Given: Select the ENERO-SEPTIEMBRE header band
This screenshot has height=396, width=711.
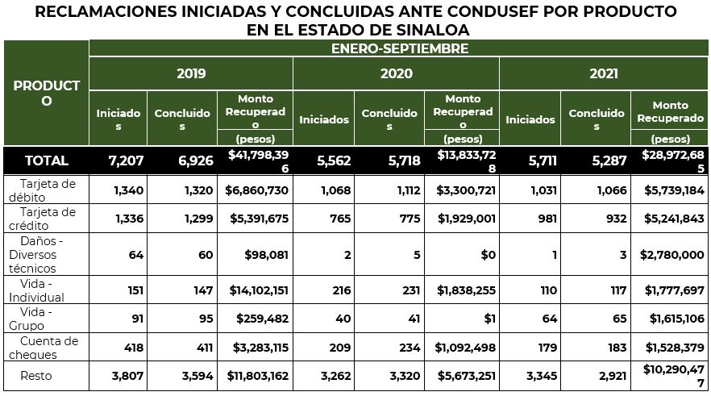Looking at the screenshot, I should pos(399,48).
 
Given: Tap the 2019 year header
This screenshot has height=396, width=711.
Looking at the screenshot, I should pos(191,73).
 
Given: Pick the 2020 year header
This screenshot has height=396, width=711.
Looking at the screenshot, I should pos(396,73).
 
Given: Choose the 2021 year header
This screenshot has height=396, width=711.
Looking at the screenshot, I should pos(604,73).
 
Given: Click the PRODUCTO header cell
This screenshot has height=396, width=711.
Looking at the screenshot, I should pos(46,93).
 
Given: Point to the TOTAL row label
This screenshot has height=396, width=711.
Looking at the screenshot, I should pos(47,160).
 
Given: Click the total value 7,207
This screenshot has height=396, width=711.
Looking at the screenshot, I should pos(126,160).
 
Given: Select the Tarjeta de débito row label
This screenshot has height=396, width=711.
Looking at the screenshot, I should pos(48,190).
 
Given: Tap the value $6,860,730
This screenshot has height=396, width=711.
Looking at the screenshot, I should pos(256,190).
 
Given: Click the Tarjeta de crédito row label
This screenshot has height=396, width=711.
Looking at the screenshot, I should pos(48,219).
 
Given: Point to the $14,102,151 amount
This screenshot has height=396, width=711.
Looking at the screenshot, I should pos(256,290).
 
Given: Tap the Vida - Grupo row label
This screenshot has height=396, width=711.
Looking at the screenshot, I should pos(36,319).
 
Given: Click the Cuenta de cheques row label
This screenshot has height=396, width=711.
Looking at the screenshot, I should pos(48,348).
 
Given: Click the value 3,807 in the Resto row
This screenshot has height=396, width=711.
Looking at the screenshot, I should pos(127,376).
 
